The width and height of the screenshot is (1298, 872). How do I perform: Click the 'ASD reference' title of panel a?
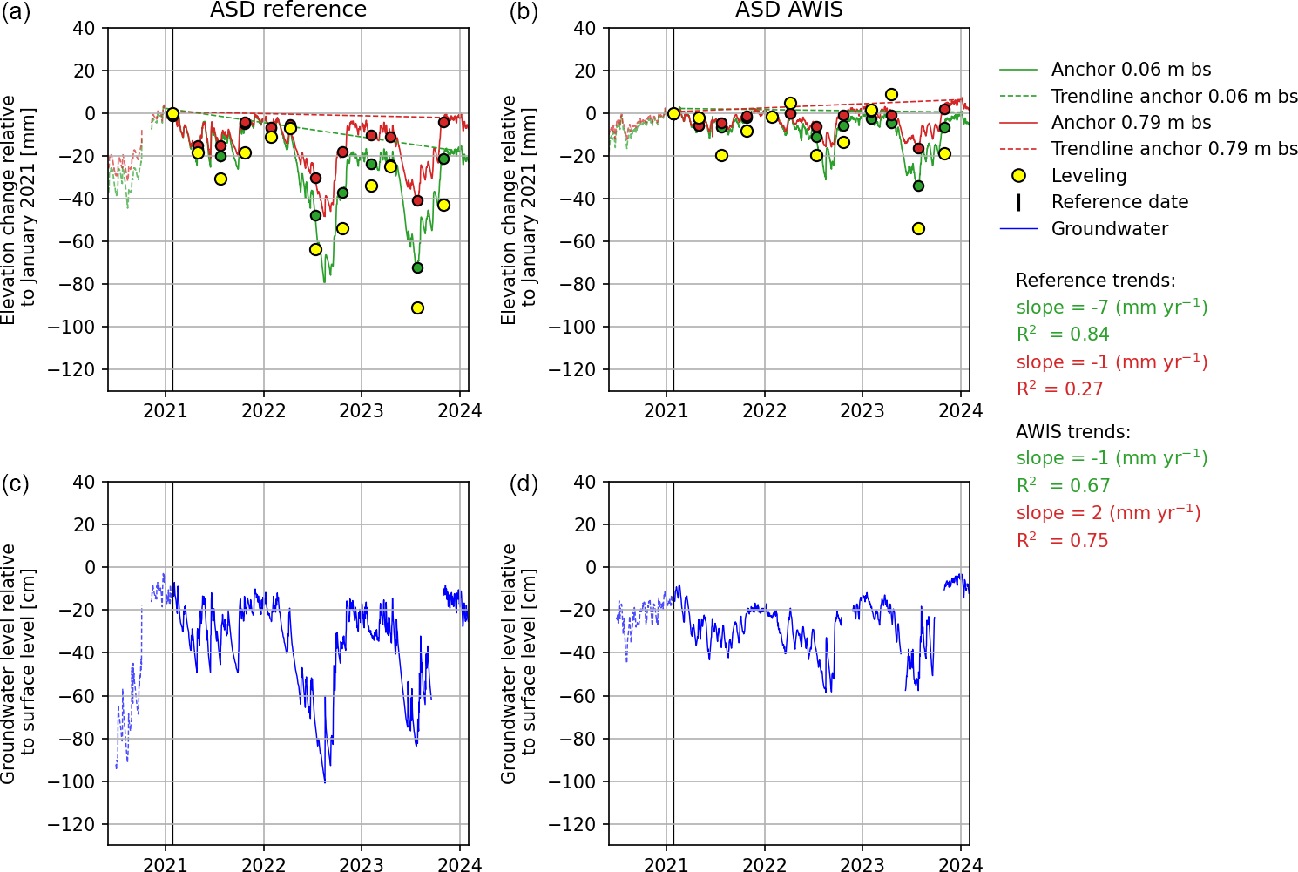click(x=288, y=10)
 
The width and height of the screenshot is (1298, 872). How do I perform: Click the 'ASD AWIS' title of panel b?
click(x=789, y=10)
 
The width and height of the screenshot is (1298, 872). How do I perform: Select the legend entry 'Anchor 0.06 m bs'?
click(x=1131, y=70)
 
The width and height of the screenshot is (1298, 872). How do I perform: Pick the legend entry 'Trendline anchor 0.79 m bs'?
click(x=1174, y=149)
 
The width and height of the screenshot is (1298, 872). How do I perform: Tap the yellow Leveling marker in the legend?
click(x=1018, y=176)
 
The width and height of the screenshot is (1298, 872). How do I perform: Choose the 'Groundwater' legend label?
click(x=1110, y=229)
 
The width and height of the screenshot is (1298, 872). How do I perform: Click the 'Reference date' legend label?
click(x=1119, y=202)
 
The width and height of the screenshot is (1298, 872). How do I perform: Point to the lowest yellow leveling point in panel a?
click(x=417, y=308)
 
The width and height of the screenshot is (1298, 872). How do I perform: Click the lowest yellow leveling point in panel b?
click(x=918, y=228)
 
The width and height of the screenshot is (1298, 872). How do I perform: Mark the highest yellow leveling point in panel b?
click(x=891, y=94)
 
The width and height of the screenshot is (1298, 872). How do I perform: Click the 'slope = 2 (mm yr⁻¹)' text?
click(x=1108, y=513)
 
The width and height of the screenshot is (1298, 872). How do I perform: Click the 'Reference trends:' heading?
click(x=1096, y=281)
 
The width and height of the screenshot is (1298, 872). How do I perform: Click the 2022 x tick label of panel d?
click(x=764, y=864)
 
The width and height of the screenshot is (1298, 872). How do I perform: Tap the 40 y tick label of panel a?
click(x=85, y=28)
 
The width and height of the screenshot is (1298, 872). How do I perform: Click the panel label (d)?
click(x=523, y=483)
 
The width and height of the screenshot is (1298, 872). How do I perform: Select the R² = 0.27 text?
click(x=1060, y=389)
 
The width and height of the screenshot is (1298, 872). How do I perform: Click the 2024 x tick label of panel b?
click(x=960, y=410)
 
